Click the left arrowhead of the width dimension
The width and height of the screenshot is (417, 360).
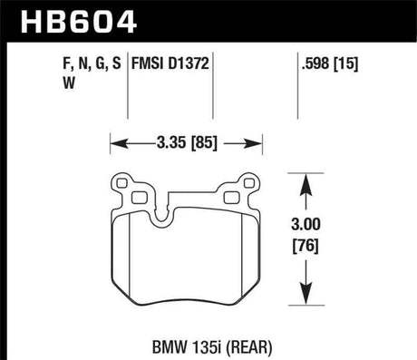click(115, 142)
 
